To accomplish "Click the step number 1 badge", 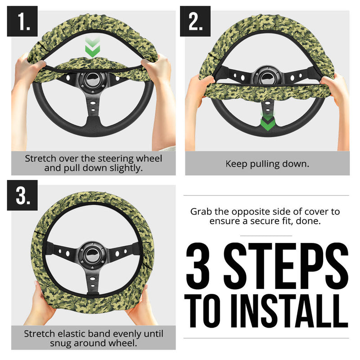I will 22,21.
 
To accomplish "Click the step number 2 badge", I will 195,21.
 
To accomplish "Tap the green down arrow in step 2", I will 267,121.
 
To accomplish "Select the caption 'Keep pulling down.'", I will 267,164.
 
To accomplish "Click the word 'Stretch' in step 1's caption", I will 40,159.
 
